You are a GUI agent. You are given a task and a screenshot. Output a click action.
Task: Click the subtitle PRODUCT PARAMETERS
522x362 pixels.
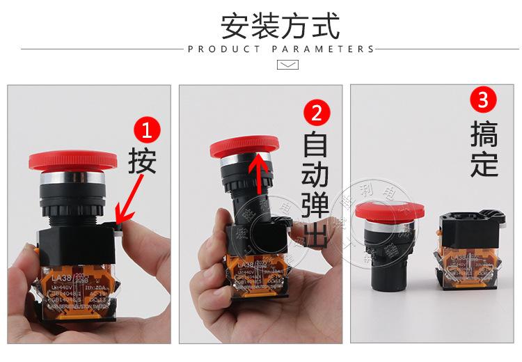[280, 49]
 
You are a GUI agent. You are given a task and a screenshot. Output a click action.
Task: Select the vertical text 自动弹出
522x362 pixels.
[317, 188]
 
